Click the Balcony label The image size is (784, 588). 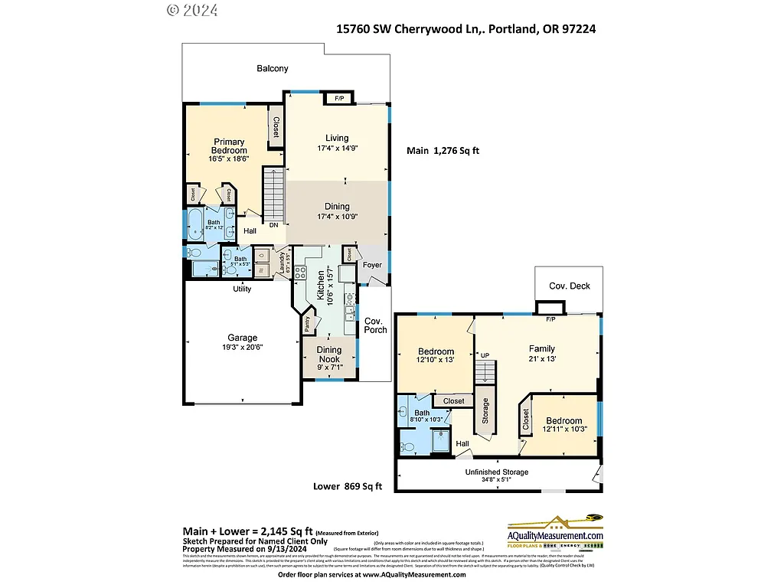click(273, 69)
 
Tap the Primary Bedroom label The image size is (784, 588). click(229, 146)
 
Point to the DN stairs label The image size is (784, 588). click(273, 225)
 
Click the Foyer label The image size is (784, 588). click(372, 266)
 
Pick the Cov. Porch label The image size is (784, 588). click(375, 325)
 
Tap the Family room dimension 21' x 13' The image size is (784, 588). click(541, 359)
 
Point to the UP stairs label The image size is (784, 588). click(485, 355)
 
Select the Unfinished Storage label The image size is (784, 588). click(496, 472)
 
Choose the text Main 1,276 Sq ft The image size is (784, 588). click(443, 151)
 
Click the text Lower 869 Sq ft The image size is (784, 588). click(348, 486)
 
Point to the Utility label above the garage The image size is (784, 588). click(242, 289)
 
